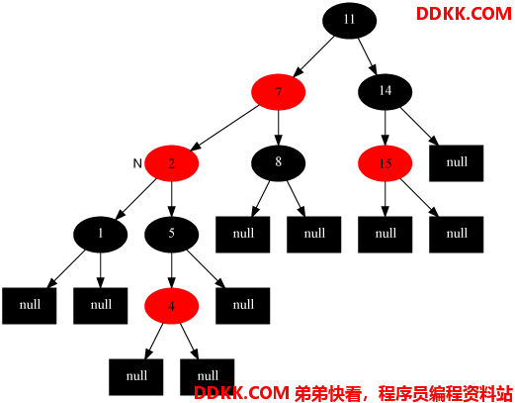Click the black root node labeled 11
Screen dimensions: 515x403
tap(349, 20)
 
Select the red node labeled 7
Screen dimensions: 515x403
tap(278, 92)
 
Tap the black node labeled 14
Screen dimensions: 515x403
tap(385, 91)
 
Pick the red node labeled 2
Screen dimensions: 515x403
tap(171, 163)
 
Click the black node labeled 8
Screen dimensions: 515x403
tap(278, 163)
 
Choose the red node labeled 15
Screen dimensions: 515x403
tap(385, 163)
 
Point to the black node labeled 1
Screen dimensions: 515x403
tap(100, 235)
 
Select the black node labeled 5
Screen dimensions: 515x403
tap(171, 235)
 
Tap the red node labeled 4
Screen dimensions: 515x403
tap(171, 306)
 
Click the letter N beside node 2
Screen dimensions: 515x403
tap(137, 163)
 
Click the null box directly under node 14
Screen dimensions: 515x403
tap(456, 163)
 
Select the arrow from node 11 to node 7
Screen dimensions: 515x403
tap(313, 56)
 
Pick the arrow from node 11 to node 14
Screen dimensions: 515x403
tap(368, 56)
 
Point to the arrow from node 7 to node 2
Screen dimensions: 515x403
tap(224, 128)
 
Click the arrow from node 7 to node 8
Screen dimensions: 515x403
tap(279, 128)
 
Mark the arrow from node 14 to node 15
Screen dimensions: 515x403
tap(386, 128)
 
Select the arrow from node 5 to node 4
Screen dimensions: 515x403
tap(171, 270)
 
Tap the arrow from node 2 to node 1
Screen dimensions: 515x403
tap(135, 199)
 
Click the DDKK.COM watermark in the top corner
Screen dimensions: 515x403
tap(464, 14)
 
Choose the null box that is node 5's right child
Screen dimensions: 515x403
tap(243, 306)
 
